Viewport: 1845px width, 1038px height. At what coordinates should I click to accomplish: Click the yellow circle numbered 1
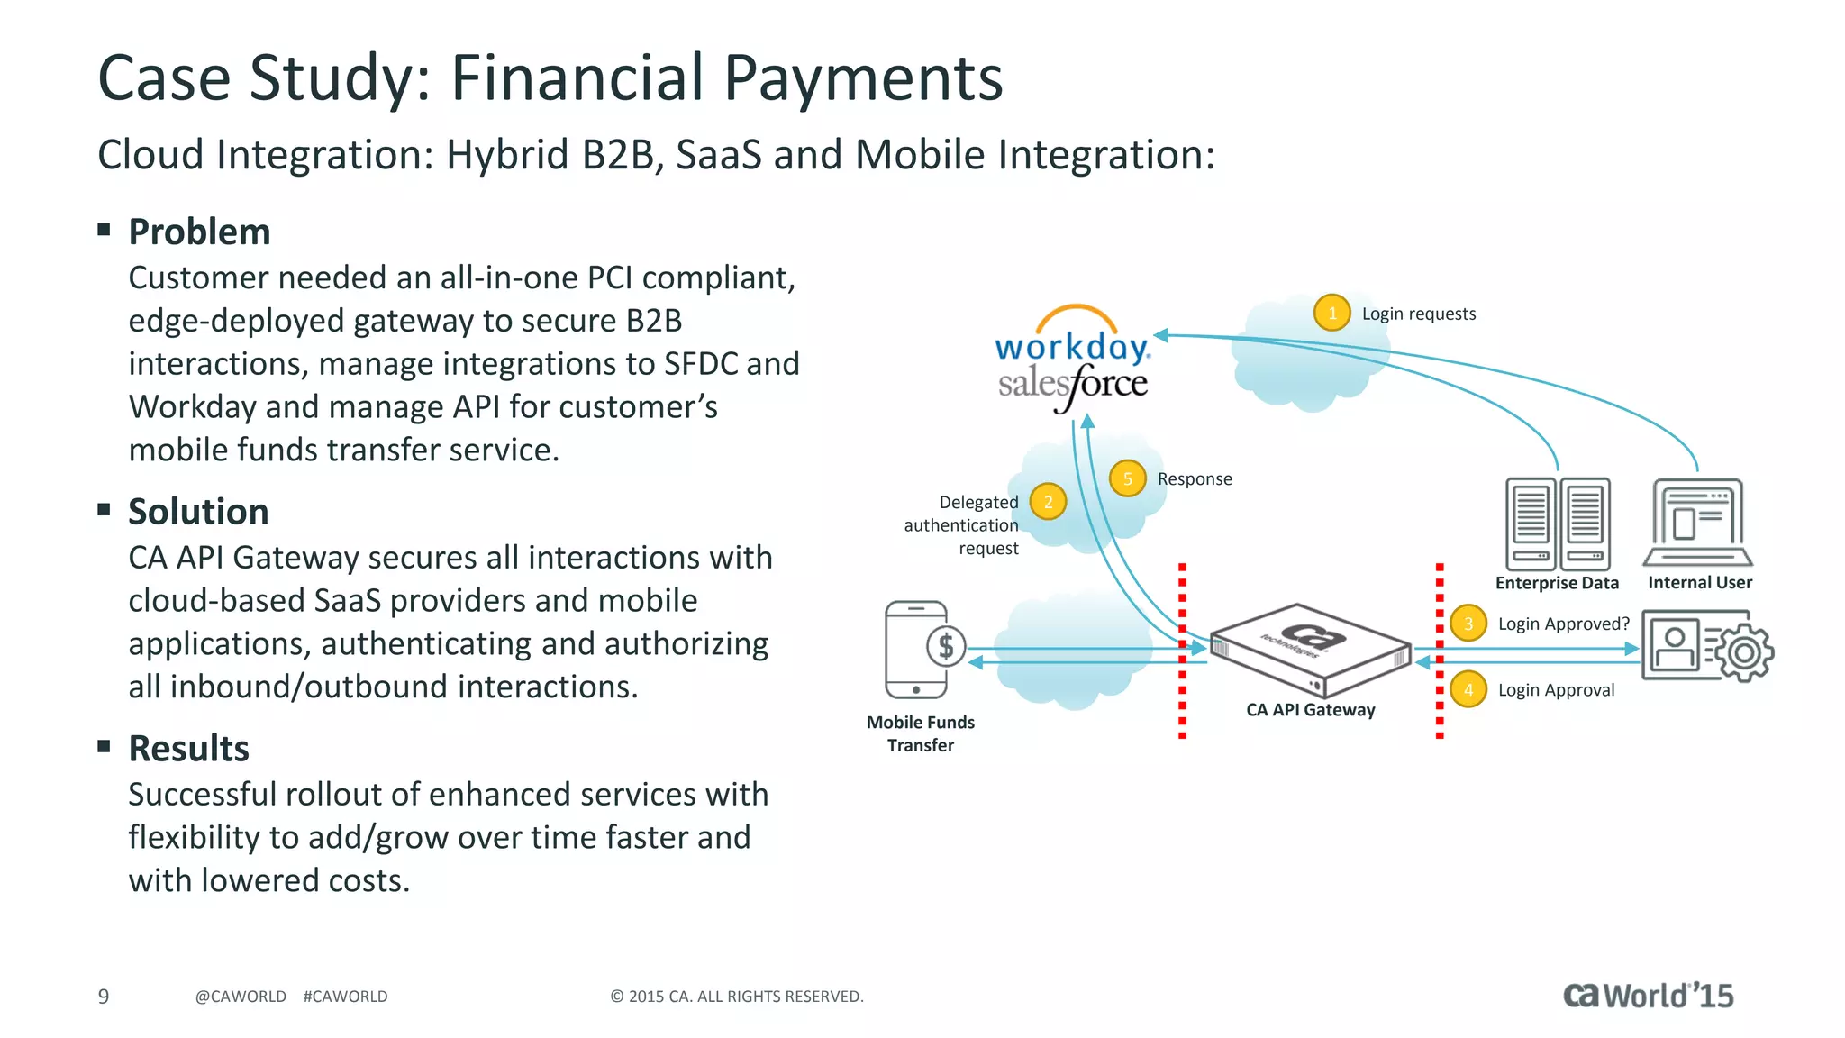pyautogui.click(x=1331, y=313)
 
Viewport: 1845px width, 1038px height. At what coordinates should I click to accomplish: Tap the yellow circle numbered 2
pyautogui.click(x=1048, y=502)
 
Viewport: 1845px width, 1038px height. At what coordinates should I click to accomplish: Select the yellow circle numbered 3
pyautogui.click(x=1468, y=623)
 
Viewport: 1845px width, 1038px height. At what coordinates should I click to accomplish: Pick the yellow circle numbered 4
pyautogui.click(x=1468, y=689)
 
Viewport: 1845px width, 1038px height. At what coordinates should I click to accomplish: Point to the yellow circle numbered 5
pyautogui.click(x=1127, y=478)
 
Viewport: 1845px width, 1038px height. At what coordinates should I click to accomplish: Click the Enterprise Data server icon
pyautogui.click(x=1558, y=524)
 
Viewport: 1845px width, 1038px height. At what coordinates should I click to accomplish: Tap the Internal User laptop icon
pyautogui.click(x=1698, y=524)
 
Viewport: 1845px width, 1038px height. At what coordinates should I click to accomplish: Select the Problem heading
pyautogui.click(x=199, y=232)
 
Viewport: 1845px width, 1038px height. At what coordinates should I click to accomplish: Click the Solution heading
pyautogui.click(x=198, y=511)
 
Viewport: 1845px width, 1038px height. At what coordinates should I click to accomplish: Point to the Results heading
pyautogui.click(x=188, y=748)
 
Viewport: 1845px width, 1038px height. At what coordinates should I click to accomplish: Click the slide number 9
pyautogui.click(x=104, y=996)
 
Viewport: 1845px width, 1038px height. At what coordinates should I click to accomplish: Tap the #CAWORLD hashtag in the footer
pyautogui.click(x=345, y=997)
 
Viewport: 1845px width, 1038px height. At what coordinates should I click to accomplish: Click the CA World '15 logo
pyautogui.click(x=1648, y=996)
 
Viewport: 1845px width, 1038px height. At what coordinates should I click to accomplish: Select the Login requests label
pyautogui.click(x=1419, y=314)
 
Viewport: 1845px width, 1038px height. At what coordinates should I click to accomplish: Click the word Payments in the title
pyautogui.click(x=862, y=78)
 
